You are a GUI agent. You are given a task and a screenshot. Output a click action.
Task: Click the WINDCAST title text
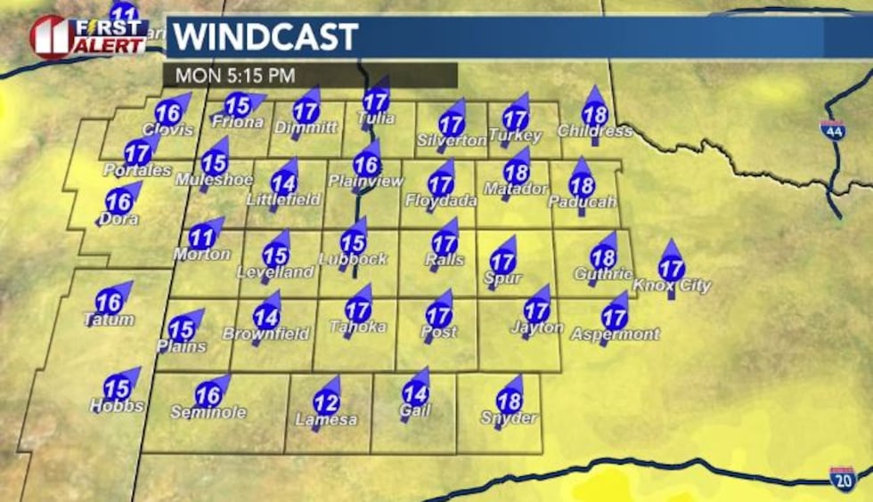(x=265, y=37)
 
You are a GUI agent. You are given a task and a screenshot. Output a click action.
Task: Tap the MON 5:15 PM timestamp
(x=235, y=76)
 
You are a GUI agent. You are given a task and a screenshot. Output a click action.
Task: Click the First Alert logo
(x=87, y=36)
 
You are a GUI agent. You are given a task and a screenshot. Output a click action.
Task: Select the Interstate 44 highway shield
(x=832, y=129)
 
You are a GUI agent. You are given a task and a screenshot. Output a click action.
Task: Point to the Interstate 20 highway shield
(x=842, y=478)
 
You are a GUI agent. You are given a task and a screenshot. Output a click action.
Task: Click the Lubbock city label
(x=353, y=259)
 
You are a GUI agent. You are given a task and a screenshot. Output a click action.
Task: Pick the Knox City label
(x=671, y=286)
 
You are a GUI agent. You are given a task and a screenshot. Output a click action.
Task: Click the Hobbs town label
(x=117, y=406)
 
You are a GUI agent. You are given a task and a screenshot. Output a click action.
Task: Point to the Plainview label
(x=365, y=180)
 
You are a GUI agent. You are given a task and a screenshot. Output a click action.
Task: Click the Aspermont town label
(x=615, y=334)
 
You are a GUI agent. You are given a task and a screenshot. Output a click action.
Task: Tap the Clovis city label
(x=167, y=130)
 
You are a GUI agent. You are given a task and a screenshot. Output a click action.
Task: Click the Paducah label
(x=582, y=202)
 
